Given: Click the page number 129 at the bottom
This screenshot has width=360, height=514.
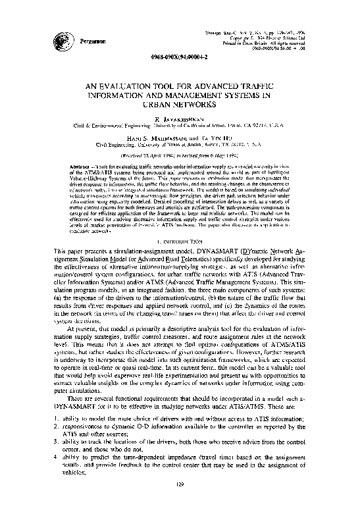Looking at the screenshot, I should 180,503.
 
